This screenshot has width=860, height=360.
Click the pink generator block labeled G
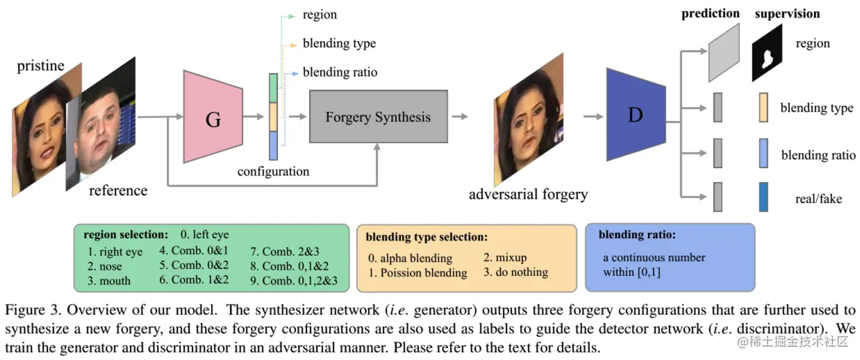(x=213, y=117)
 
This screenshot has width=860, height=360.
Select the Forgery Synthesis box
(x=378, y=117)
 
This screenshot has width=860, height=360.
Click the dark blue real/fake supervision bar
(x=763, y=197)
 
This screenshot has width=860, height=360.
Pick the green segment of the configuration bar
(x=273, y=88)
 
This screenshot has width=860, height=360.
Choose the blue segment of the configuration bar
(x=273, y=146)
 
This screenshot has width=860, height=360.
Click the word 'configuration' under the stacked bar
(x=273, y=171)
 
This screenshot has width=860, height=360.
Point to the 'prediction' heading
(x=710, y=13)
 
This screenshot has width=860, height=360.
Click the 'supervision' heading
(x=787, y=13)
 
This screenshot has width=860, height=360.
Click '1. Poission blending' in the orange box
(x=417, y=272)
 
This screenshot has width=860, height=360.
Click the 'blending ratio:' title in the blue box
(x=636, y=235)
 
